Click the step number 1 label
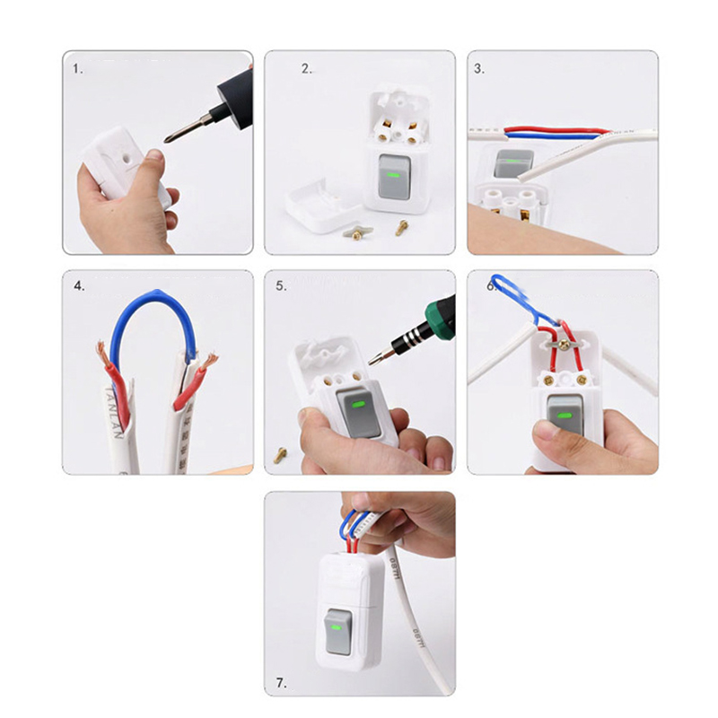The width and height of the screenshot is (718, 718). point(78,67)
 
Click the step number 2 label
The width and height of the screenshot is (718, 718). point(306,67)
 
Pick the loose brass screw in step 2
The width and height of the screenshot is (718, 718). point(400,229)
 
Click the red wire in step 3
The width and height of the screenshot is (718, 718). point(556,131)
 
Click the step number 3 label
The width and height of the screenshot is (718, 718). point(479,67)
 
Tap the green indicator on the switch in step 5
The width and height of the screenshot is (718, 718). point(359,405)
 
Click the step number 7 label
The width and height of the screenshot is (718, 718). point(282,683)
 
